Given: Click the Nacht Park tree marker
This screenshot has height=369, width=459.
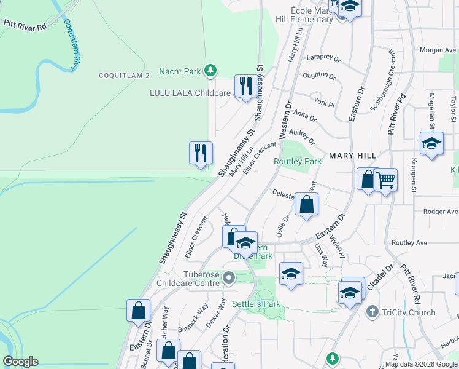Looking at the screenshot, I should (x=210, y=71).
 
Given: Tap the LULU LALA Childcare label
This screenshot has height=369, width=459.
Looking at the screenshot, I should (x=190, y=93).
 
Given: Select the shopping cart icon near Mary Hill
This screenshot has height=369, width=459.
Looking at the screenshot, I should (x=386, y=180).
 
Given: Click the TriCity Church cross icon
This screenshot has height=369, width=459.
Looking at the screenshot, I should (x=371, y=312).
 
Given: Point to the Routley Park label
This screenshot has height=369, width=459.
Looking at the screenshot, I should (x=298, y=161).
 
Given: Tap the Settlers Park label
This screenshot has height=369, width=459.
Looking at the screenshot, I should (x=256, y=304).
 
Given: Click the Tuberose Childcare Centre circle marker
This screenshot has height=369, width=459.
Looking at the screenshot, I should (x=229, y=278).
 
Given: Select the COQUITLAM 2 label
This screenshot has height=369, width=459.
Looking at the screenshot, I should (x=125, y=75).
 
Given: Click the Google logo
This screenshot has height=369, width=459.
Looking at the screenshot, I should (x=20, y=362).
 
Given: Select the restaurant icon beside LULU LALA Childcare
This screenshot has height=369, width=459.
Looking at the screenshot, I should (x=246, y=86).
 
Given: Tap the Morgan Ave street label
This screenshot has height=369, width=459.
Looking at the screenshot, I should (x=438, y=50).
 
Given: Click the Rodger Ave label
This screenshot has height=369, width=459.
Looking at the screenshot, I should (x=441, y=212).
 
